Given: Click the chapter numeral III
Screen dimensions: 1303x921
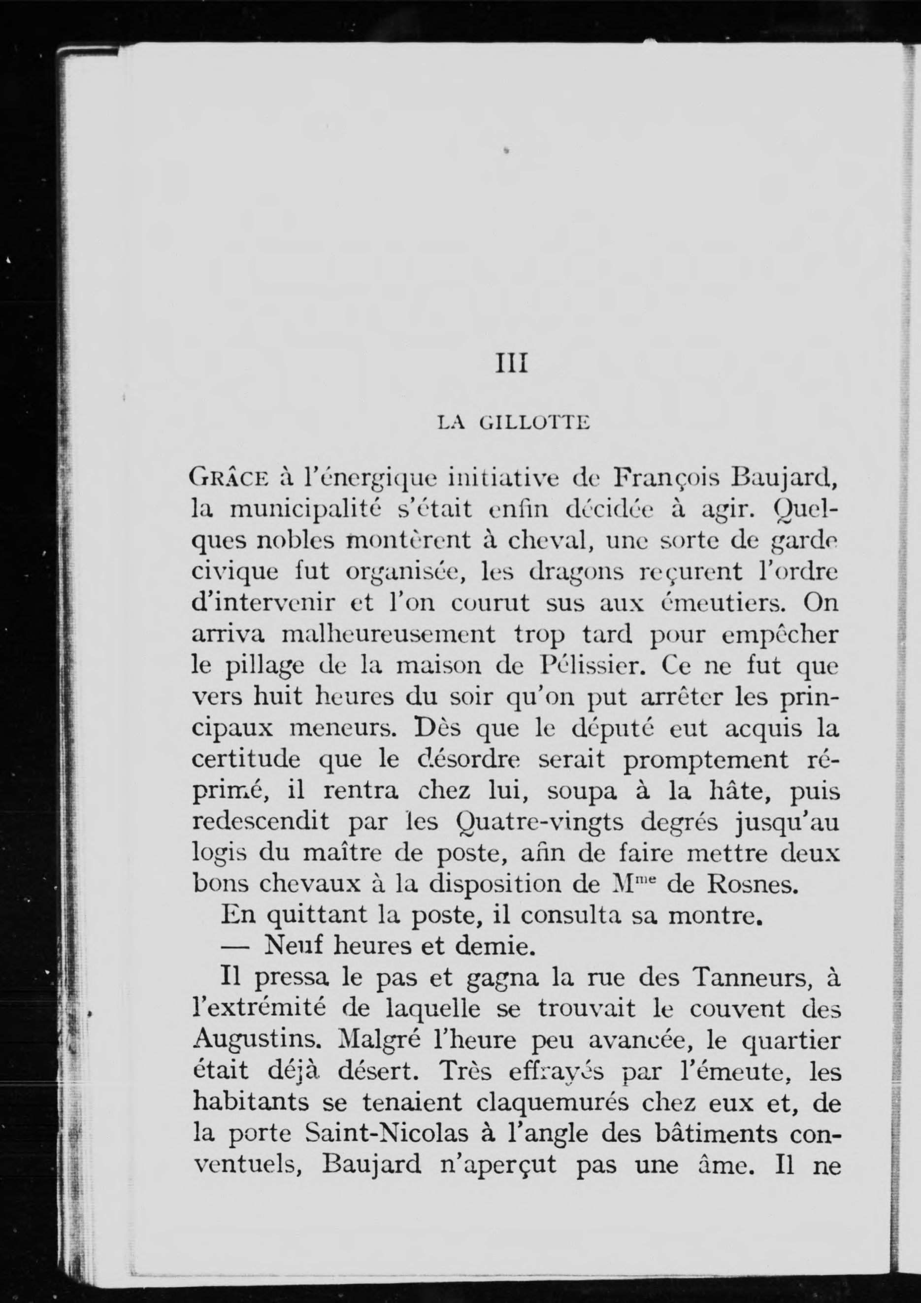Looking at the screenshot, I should coord(512,364).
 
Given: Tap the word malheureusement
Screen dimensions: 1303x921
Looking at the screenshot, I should coord(389,635).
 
